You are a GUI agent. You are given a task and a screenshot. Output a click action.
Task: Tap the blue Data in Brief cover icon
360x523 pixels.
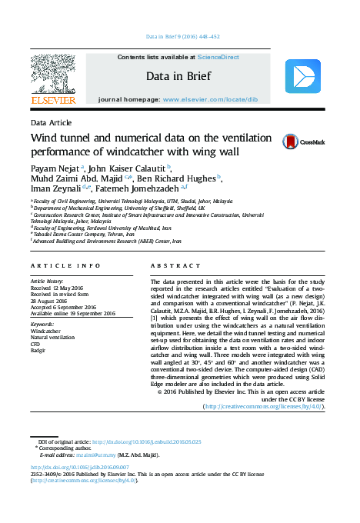point(302,77)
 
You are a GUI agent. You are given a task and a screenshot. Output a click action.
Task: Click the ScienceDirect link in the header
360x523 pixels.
point(218,57)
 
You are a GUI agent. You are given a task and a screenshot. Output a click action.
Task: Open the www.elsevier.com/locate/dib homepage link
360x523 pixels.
point(210,100)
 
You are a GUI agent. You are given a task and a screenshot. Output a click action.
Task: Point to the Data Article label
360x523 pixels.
point(52,123)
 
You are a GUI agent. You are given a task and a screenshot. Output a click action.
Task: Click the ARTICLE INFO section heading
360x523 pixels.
point(65,265)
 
